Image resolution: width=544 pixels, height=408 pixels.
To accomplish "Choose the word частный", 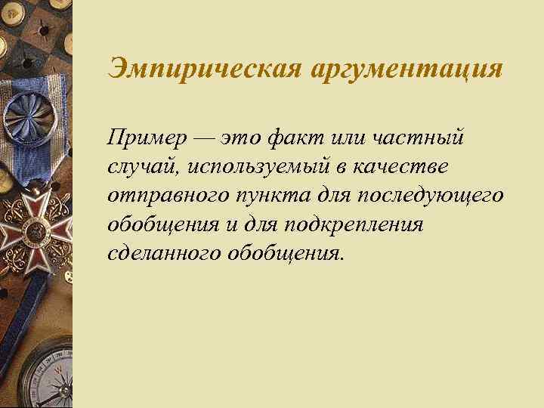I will pos(408,139).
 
